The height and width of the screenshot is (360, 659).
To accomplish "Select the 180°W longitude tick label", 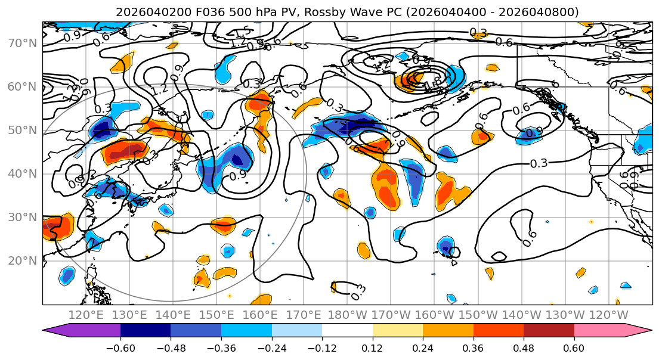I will click(x=346, y=315).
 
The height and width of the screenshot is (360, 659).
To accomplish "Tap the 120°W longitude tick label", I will click(x=608, y=315).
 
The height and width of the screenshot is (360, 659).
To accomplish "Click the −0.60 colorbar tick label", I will click(x=120, y=348).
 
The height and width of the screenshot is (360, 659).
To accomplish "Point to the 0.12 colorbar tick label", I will click(x=373, y=348).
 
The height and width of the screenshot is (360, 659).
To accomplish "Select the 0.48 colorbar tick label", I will click(x=524, y=348).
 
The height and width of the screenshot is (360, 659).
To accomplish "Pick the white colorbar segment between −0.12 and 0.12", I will click(x=347, y=331).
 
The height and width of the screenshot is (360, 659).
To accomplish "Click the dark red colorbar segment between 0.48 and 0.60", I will click(x=549, y=331).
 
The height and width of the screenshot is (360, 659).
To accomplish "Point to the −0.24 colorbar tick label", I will click(x=271, y=348).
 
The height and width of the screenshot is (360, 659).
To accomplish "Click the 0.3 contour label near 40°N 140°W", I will click(x=539, y=163).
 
